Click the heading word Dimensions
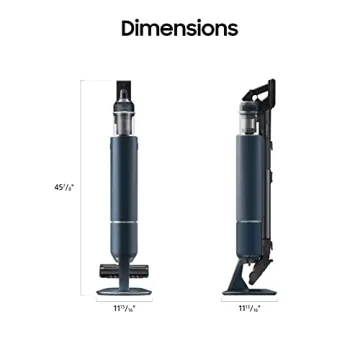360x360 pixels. (x=179, y=28)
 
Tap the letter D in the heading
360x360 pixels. (x=129, y=28)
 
